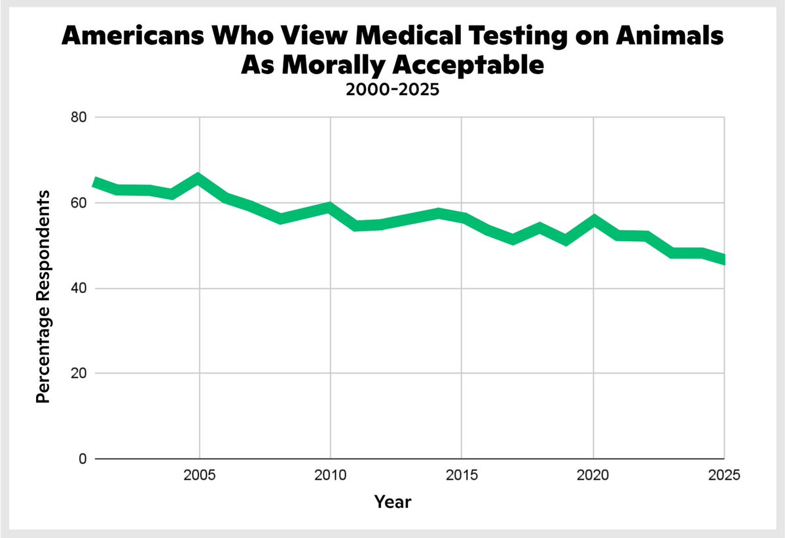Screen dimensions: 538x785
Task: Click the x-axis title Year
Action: tap(392, 503)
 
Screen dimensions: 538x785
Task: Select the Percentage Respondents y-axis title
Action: tap(43, 296)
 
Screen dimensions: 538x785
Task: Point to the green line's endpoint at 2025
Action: tap(723, 259)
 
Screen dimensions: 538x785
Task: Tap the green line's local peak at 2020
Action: tap(593, 220)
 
